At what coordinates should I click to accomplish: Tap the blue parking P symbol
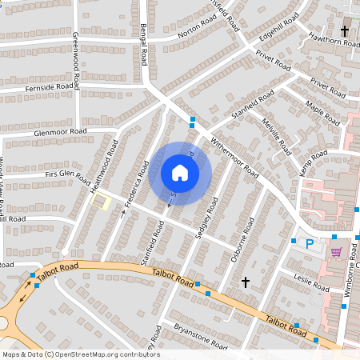pos(309,244)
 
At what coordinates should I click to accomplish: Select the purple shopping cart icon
pos(336,252)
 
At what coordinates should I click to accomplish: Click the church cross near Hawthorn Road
pos(345,31)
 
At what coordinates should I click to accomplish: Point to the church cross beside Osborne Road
pos(246,282)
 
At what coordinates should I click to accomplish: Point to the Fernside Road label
pos(50,86)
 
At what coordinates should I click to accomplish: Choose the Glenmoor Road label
pos(60,132)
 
